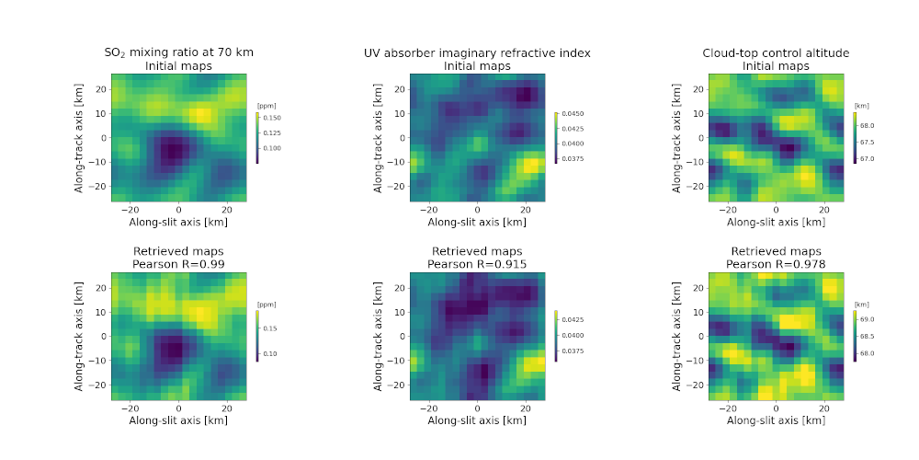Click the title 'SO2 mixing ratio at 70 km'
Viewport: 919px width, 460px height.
click(x=179, y=53)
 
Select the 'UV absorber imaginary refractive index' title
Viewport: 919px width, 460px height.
click(x=477, y=53)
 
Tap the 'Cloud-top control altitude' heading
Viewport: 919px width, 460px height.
click(x=776, y=53)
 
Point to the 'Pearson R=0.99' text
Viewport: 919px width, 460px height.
click(x=179, y=264)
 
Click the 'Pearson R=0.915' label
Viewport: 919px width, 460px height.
click(x=477, y=264)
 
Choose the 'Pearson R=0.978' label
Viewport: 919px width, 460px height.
click(x=776, y=264)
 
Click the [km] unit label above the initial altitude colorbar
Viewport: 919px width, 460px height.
click(x=862, y=106)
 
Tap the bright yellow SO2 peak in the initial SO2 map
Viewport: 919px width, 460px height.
click(x=200, y=116)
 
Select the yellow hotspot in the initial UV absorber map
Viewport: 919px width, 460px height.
click(x=530, y=165)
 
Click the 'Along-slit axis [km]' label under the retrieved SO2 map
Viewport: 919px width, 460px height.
click(x=179, y=420)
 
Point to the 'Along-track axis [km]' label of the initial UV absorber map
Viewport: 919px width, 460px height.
click(x=378, y=139)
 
